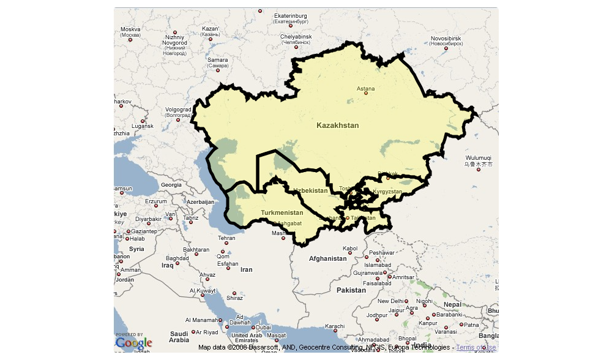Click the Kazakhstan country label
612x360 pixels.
pyautogui.click(x=337, y=126)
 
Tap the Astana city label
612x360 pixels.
pyautogui.click(x=365, y=89)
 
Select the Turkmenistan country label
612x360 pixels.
pyautogui.click(x=282, y=212)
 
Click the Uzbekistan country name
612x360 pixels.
pyautogui.click(x=310, y=190)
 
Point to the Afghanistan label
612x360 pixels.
pyautogui.click(x=327, y=258)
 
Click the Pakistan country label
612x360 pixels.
pyautogui.click(x=351, y=290)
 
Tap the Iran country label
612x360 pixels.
pyautogui.click(x=246, y=269)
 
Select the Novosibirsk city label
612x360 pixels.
pyautogui.click(x=446, y=39)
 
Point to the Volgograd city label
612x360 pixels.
pyautogui.click(x=178, y=110)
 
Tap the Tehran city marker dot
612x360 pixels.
pyautogui.click(x=226, y=243)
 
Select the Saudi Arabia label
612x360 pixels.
pyautogui.click(x=179, y=336)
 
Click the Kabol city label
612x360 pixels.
pyautogui.click(x=350, y=249)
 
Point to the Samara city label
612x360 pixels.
pyautogui.click(x=217, y=61)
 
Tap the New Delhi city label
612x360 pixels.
pyautogui.click(x=390, y=301)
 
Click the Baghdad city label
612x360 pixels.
pyautogui.click(x=177, y=258)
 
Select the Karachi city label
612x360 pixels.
pyautogui.click(x=335, y=326)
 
